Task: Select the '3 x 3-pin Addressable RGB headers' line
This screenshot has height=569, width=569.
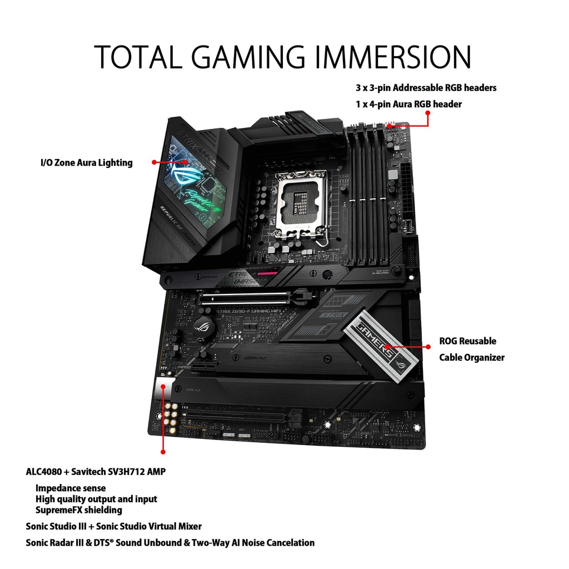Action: [x=426, y=88]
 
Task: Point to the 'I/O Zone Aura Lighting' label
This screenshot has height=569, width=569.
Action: [x=87, y=163]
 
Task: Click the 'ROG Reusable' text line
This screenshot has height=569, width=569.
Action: [x=467, y=341]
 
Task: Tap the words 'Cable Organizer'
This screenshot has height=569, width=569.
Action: [x=472, y=357]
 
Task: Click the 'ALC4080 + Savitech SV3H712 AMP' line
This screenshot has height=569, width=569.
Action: [x=96, y=472]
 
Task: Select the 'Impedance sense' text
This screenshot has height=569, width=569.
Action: [x=71, y=488]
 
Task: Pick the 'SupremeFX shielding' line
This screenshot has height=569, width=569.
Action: [x=79, y=510]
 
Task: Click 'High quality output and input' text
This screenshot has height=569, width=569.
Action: [x=96, y=499]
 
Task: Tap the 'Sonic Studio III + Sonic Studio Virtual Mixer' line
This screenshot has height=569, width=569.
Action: [x=113, y=526]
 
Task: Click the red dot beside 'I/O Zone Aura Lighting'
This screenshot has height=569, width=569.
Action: [x=154, y=162]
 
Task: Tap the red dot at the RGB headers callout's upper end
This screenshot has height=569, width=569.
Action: [x=428, y=113]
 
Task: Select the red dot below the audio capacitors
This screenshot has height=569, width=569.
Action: [x=163, y=452]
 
